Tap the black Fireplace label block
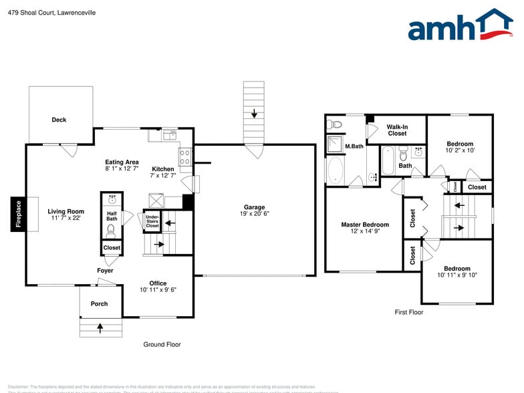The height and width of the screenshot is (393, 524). point(19,214)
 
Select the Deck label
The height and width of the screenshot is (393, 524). point(59,120)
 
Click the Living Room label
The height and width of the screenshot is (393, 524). point(65,211)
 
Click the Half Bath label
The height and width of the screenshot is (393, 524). point(112,216)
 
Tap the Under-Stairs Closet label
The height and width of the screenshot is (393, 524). point(152,222)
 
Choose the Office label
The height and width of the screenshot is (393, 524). point(158,283)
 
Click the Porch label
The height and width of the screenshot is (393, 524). point(99,303)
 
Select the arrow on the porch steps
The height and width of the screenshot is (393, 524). point(101,327)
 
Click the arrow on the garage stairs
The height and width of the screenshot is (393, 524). point(254,113)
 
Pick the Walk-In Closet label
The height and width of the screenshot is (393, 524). point(397,130)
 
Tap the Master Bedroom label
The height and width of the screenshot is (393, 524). point(365,225)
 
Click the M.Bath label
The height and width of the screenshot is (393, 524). point(354,146)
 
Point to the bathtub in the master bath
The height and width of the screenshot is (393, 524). point(334,170)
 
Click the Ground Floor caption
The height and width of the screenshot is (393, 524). point(162,345)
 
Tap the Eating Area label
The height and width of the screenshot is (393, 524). point(122,162)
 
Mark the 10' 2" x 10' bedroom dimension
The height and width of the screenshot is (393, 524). point(460,150)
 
